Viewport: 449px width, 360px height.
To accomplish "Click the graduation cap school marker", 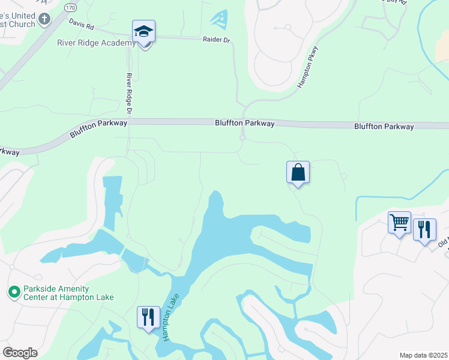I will click(144, 31).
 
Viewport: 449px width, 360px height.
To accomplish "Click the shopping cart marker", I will click(399, 223).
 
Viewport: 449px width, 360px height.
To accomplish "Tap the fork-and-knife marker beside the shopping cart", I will click(424, 229).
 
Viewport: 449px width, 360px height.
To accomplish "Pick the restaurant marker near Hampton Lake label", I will click(148, 316).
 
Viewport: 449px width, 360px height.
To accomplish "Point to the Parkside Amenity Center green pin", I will click(14, 292).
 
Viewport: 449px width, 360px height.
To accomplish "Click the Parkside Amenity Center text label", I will click(68, 293).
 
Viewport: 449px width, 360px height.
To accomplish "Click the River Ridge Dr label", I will click(128, 94).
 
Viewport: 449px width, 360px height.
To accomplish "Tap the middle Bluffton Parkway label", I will click(245, 123).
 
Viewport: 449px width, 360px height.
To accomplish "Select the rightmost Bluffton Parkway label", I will click(384, 127).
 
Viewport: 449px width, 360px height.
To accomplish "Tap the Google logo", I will click(19, 353).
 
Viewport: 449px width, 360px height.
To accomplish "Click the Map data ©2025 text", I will click(423, 355).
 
